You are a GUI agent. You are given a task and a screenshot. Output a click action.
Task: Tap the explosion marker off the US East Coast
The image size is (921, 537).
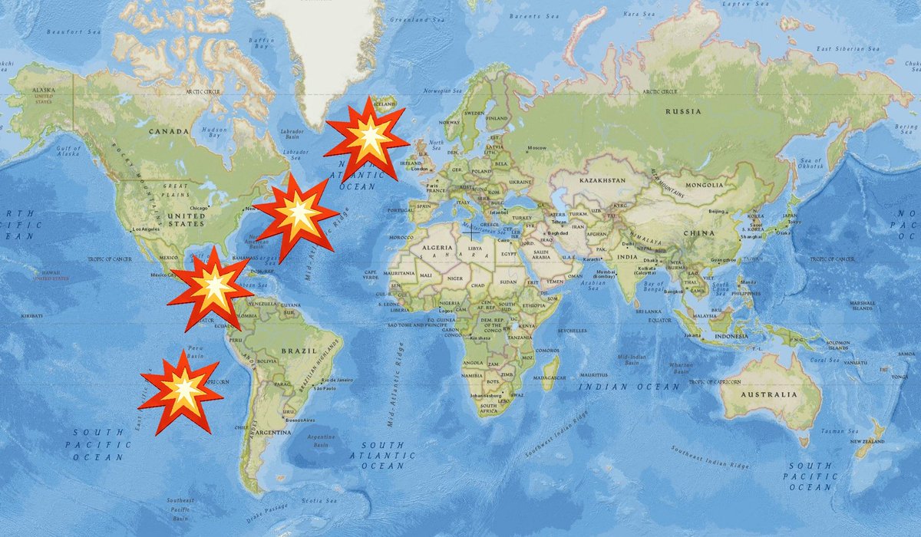[295, 216]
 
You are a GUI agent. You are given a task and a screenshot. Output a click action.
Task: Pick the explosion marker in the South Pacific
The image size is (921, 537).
[182, 392]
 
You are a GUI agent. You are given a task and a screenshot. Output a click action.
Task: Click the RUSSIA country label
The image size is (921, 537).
[682, 111]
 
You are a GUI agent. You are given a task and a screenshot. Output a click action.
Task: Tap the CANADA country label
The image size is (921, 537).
[168, 131]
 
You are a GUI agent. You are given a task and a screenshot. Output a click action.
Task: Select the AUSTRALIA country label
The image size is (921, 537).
[770, 394]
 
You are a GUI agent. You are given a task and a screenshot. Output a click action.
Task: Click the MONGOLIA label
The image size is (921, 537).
[705, 185]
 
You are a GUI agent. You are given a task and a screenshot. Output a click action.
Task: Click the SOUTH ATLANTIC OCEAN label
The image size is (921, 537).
[383, 455]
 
